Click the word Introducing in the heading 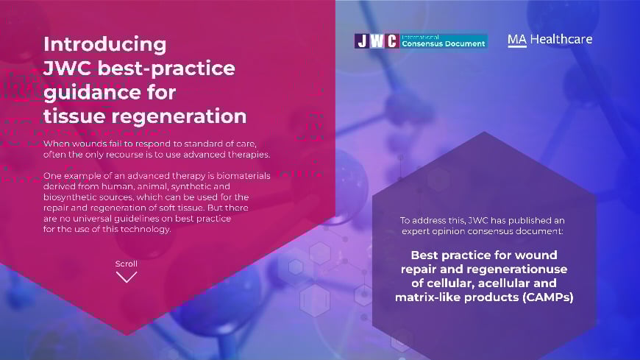click(105, 45)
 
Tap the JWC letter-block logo click(377, 41)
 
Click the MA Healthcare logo click(550, 40)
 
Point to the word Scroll click(126, 264)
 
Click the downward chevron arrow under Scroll click(127, 278)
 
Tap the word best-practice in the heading click(166, 68)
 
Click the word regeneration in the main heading click(179, 117)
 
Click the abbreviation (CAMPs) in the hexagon click(548, 297)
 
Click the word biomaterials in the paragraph click(243, 176)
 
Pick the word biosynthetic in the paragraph click(68, 198)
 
